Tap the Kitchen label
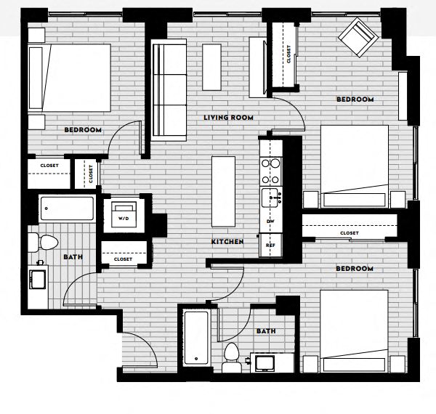pos(227,242)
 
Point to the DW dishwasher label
pos(270,220)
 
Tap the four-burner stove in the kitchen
pos(270,171)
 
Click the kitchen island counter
pos(224,192)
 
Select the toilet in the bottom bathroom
pos(232,357)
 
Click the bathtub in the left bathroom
pos(68,211)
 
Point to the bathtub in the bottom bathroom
pos(196,338)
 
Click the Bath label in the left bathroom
pos(73,257)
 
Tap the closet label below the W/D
pos(123,259)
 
